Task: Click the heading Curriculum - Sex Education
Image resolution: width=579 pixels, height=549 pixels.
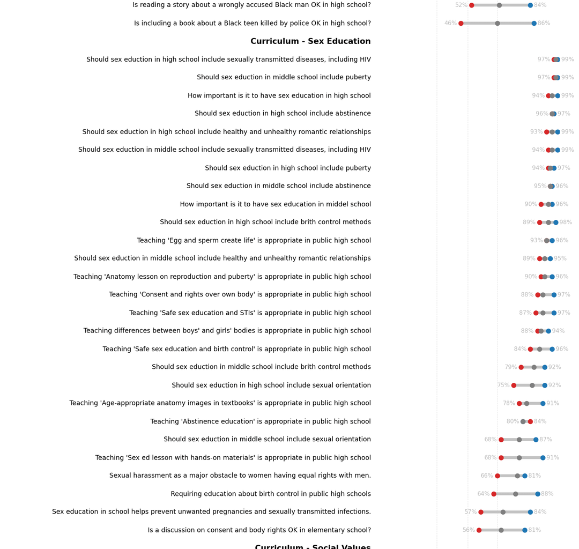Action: pyautogui.click(x=310, y=41)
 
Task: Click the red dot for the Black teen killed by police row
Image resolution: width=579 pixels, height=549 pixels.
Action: pyautogui.click(x=461, y=24)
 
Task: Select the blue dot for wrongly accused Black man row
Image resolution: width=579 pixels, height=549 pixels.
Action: pyautogui.click(x=530, y=5)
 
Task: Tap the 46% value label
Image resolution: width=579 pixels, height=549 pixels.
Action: pyautogui.click(x=450, y=24)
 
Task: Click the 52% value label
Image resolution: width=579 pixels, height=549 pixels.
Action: pyautogui.click(x=461, y=5)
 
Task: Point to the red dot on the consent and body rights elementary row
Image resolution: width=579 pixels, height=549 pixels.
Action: pyautogui.click(x=479, y=530)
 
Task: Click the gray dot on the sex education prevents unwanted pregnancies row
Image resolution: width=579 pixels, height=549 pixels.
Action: pyautogui.click(x=503, y=512)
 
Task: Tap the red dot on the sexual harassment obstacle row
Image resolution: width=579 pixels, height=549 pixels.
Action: pyautogui.click(x=498, y=476)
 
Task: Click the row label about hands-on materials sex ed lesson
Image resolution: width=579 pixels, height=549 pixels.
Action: pyautogui.click(x=233, y=458)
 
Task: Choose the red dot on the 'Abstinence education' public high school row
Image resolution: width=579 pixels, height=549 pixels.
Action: pyautogui.click(x=530, y=421)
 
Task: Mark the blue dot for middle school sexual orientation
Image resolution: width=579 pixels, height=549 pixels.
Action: pyautogui.click(x=536, y=440)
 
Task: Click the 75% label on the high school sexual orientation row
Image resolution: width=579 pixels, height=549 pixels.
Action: pyautogui.click(x=503, y=385)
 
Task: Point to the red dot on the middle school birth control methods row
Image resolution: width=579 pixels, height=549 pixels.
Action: pyautogui.click(x=521, y=367)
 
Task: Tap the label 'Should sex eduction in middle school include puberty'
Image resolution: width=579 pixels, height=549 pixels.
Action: pyautogui.click(x=284, y=78)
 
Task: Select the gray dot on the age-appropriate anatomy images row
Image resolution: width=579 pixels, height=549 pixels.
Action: pyautogui.click(x=526, y=404)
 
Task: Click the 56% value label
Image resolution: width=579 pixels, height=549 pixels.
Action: pyautogui.click(x=469, y=530)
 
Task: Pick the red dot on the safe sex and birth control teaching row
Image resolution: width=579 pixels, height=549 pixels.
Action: pyautogui.click(x=530, y=349)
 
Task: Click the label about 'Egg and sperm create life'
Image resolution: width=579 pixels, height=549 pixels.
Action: pyautogui.click(x=254, y=241)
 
